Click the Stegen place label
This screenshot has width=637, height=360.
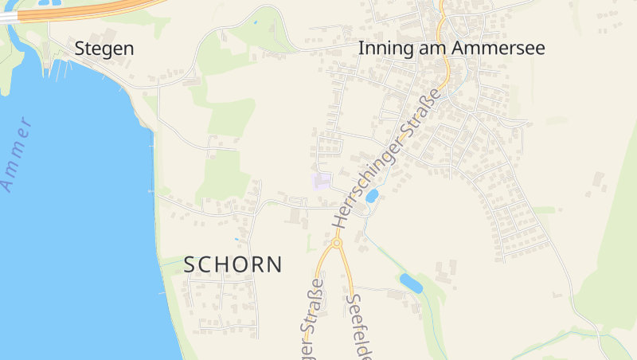(104, 49)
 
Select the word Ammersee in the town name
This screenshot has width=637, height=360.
(498, 48)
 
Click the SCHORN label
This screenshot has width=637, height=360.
(233, 264)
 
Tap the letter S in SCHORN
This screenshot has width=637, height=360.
(190, 264)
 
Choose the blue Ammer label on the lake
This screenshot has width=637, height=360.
(18, 154)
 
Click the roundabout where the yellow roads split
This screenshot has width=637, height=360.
(337, 242)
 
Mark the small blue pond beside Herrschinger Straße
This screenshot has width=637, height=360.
(372, 195)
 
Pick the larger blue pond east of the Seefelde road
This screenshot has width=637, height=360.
(411, 282)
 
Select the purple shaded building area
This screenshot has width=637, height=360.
(322, 182)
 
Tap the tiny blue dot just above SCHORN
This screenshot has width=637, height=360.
(236, 239)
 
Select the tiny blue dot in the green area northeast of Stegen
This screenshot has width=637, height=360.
(255, 22)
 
